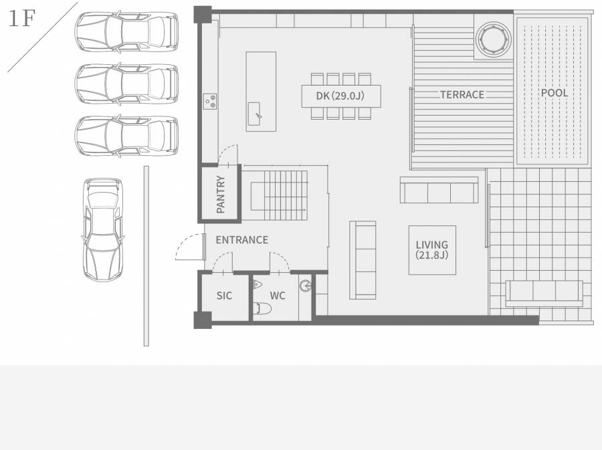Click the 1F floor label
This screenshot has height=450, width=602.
pyautogui.click(x=21, y=19)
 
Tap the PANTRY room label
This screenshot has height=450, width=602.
pyautogui.click(x=220, y=194)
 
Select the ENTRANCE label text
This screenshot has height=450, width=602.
pyautogui.click(x=242, y=240)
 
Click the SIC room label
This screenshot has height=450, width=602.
pyautogui.click(x=224, y=296)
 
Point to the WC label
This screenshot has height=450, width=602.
pyautogui.click(x=278, y=296)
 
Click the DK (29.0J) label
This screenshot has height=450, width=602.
pyautogui.click(x=340, y=96)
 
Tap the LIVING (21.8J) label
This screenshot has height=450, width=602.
pyautogui.click(x=432, y=250)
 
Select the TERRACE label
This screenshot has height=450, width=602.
pyautogui.click(x=462, y=94)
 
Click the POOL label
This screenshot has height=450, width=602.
pyautogui.click(x=555, y=92)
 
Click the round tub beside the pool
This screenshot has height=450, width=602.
pyautogui.click(x=494, y=39)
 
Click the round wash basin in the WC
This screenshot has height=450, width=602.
pyautogui.click(x=306, y=286)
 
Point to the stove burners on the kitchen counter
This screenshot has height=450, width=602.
pyautogui.click(x=209, y=101)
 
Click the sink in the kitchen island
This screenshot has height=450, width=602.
pyautogui.click(x=254, y=114)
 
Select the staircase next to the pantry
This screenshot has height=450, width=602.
pyautogui.click(x=279, y=195)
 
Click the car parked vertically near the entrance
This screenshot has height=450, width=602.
pyautogui.click(x=103, y=229)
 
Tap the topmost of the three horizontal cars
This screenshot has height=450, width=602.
pyautogui.click(x=126, y=32)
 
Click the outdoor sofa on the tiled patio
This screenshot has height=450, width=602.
pyautogui.click(x=544, y=294)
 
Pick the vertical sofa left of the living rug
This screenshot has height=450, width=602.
pyautogui.click(x=363, y=260)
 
